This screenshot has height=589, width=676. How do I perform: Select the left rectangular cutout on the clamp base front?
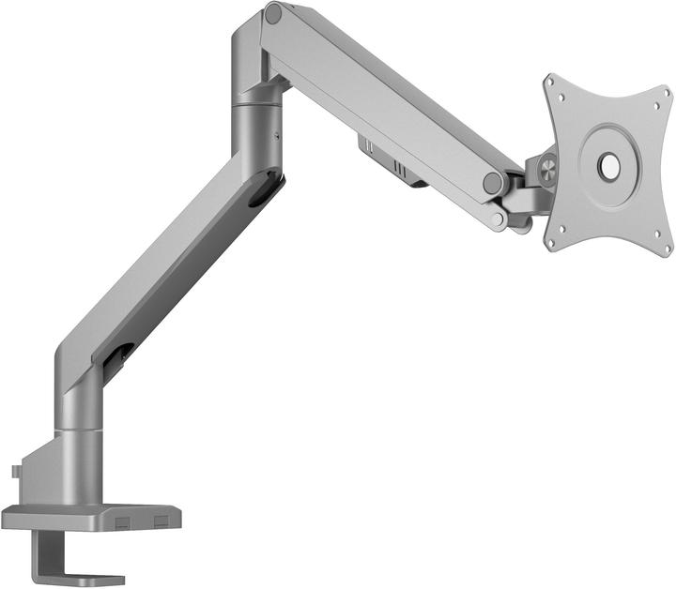point(124,519)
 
